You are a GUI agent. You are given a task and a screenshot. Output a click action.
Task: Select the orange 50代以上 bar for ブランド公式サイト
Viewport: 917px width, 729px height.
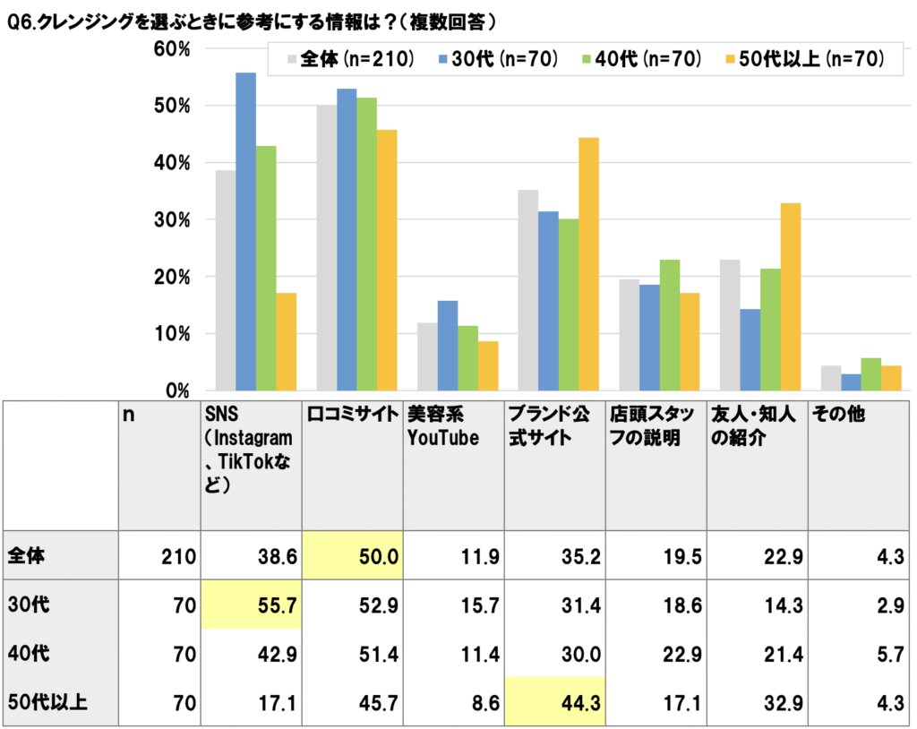[x=588, y=264]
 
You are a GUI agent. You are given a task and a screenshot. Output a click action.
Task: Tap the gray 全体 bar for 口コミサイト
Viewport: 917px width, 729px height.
[x=325, y=248]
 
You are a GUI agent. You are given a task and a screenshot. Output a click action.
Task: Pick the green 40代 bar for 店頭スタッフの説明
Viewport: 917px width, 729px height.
[x=669, y=325]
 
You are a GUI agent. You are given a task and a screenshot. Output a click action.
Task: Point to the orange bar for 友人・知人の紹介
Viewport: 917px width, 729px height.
[x=790, y=296]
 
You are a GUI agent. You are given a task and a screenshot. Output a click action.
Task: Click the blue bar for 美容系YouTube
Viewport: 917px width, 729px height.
[x=448, y=346]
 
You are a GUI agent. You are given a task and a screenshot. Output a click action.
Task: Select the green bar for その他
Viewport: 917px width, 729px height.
[x=870, y=374]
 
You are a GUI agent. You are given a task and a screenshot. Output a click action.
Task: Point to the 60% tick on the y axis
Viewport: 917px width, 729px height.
[x=173, y=49]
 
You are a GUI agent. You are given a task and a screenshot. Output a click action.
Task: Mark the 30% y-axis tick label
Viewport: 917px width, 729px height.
[x=173, y=220]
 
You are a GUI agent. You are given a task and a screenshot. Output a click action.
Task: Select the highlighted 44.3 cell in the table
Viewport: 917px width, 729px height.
[x=555, y=703]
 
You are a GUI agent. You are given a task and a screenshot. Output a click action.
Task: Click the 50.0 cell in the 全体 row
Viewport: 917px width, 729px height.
[x=353, y=556]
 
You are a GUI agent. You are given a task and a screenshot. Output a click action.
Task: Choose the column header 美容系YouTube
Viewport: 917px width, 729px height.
[x=443, y=426]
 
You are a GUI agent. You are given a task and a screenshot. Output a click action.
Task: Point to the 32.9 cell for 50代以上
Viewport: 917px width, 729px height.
[x=778, y=703]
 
